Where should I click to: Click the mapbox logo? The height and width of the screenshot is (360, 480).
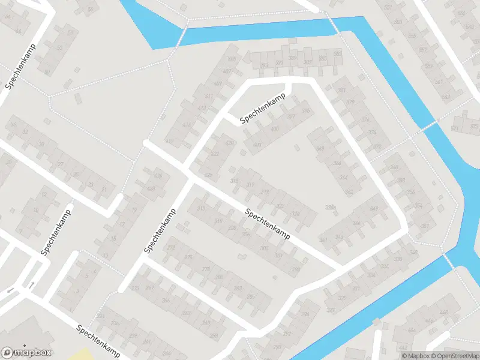pos(27,352)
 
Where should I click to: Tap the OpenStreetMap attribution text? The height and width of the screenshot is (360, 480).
pos(454,356)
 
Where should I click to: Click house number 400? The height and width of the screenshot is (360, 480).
pos(275,129)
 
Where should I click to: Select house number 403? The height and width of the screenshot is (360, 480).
pos(257,145)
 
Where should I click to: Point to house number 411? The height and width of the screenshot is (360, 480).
pos(209,97)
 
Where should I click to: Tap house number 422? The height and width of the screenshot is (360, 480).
pos(215,154)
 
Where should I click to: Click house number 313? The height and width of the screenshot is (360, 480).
pos(201,208)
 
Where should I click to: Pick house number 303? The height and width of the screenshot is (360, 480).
pos(264,247)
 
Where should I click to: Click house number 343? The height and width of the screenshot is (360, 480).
pos(339,237)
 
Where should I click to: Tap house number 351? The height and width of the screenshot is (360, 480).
pos(425,226)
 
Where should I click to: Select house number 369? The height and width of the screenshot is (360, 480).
pos(320,149)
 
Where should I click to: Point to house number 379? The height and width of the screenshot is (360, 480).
pos(350,103)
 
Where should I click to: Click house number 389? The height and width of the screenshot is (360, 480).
pos(293,58)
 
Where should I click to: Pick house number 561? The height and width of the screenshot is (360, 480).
pos(388,7)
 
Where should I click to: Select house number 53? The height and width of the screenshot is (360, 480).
pos(59,47)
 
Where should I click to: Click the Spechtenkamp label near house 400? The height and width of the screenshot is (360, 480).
pos(263,112)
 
